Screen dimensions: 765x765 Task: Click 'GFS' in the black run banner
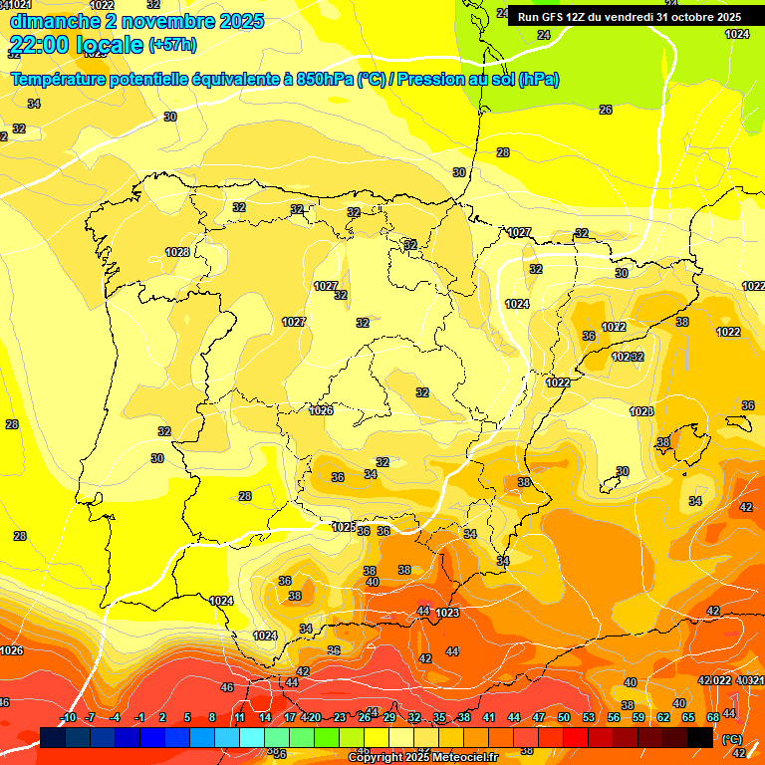pyautogui.click(x=553, y=17)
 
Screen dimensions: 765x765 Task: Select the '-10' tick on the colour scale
pyautogui.click(x=68, y=717)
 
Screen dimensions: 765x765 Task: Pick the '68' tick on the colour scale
pyautogui.click(x=713, y=717)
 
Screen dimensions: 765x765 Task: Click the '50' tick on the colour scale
pyautogui.click(x=564, y=717)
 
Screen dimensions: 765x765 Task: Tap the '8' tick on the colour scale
pyautogui.click(x=212, y=717)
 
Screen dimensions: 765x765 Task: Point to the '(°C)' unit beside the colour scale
pyautogui.click(x=732, y=739)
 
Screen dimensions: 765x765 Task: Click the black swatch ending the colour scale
pyautogui.click(x=700, y=737)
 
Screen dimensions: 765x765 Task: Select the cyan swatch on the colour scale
pyautogui.click(x=251, y=737)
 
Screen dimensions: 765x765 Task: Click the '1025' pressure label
pyautogui.click(x=344, y=527)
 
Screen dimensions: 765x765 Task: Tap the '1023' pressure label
pyautogui.click(x=447, y=613)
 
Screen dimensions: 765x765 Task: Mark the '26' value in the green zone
pyautogui.click(x=606, y=110)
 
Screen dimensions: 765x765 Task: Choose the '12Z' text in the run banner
pyautogui.click(x=577, y=17)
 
